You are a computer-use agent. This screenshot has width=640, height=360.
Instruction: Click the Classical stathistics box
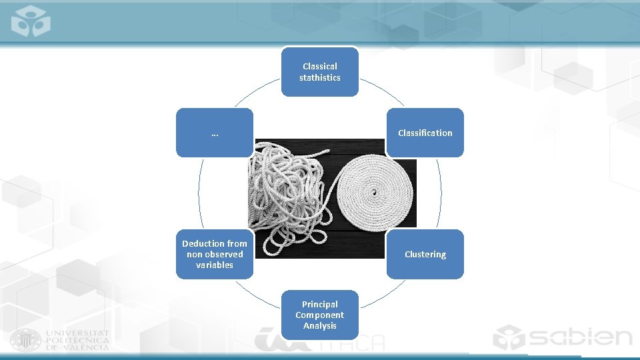click(319, 72)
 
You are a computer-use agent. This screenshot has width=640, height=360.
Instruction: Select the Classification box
click(425, 133)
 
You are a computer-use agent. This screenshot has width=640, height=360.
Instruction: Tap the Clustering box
click(425, 254)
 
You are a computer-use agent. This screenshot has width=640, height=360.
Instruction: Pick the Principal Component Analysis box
click(319, 315)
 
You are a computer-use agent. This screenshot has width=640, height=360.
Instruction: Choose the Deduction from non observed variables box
click(214, 254)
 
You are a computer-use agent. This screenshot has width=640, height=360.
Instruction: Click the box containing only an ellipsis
click(214, 133)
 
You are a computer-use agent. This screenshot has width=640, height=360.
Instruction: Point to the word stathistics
click(319, 77)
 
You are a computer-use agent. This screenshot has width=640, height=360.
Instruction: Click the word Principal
click(319, 304)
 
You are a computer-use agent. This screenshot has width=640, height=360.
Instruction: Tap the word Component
click(319, 315)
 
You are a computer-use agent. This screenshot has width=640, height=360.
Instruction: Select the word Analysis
click(319, 326)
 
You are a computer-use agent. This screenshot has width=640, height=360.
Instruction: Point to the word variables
click(214, 265)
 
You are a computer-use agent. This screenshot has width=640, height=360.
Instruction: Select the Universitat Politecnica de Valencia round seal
click(25, 341)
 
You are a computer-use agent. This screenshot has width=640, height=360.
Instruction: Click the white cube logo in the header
click(31, 21)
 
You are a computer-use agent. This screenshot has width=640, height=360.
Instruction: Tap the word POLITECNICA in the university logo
click(77, 341)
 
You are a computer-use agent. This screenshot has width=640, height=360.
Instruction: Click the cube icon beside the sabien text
click(509, 337)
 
